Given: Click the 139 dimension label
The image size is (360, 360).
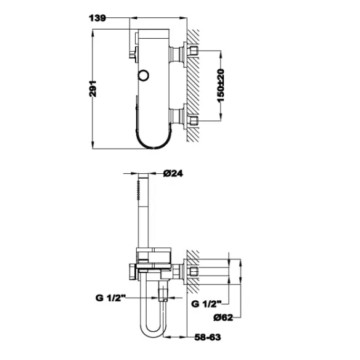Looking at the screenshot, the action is tap(97, 18).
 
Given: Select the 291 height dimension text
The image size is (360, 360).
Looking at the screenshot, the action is tap(92, 89).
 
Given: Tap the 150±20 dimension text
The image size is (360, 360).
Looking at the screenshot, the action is tap(221, 86).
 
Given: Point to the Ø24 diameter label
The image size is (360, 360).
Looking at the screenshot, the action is tap(173, 173).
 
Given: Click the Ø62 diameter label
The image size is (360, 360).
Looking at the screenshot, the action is tap(223, 317).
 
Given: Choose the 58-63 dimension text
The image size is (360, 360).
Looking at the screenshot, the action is tap(208, 337).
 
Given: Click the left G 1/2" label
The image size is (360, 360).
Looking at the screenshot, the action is tap(110, 298).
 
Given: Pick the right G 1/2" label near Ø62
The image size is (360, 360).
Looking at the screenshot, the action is tap(206, 304).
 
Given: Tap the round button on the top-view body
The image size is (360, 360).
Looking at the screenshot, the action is tap(143, 75).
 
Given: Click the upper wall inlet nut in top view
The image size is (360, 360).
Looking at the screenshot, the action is tap(194, 51).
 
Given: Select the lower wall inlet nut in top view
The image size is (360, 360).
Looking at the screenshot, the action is tap(194, 120).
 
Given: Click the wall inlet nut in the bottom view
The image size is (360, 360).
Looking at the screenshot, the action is tap(194, 271).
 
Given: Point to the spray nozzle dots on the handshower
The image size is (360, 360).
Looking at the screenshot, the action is tap(139, 190).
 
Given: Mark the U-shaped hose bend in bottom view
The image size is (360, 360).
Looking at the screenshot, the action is tap(152, 333).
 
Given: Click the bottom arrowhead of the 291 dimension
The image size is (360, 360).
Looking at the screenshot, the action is tap(92, 145).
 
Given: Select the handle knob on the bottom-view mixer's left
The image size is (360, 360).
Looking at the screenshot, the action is tap(133, 271).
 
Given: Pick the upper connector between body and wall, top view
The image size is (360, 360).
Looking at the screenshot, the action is tap(177, 54).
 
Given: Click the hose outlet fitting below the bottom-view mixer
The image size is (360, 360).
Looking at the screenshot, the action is tap(163, 292).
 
